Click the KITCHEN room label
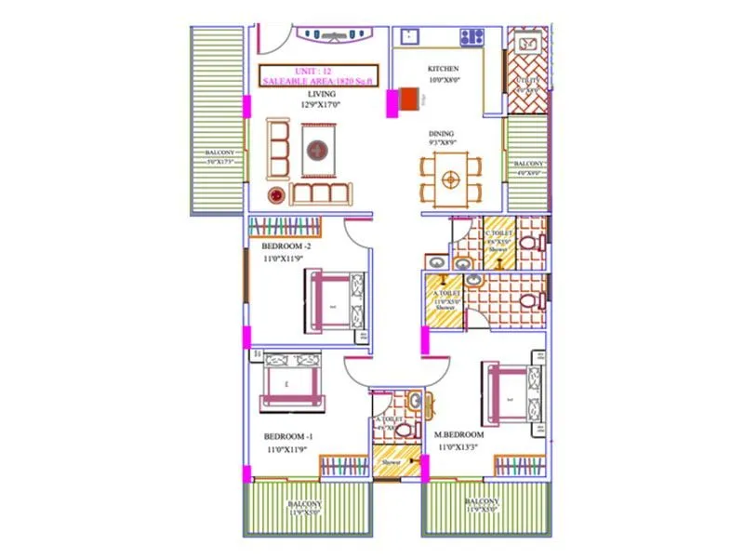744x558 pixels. coord(443,70)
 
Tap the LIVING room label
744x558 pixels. coord(322,94)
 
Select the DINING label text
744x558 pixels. coord(442,133)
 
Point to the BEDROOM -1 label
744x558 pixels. coord(287,436)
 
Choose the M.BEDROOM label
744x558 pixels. coord(459,435)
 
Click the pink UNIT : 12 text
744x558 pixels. coord(317,71)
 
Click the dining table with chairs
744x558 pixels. coord(451,179)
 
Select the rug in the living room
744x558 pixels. coord(318,148)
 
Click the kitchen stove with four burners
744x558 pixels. coord(472,38)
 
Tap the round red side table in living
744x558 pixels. coord(276,195)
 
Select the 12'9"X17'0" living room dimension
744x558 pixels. coord(322,105)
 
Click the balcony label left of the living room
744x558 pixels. coord(219,157)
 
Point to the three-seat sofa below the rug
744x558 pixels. coord(322,193)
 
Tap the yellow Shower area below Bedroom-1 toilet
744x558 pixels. coord(396,462)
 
